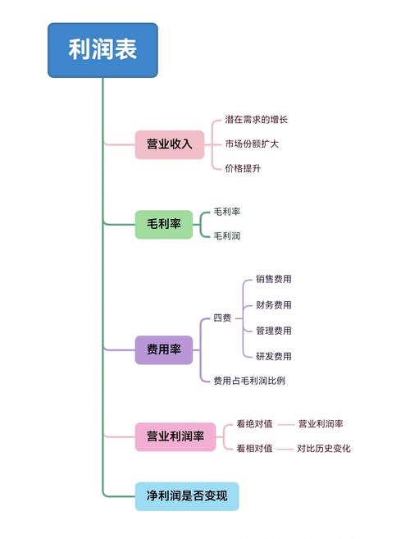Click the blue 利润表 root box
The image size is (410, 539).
tap(102, 50)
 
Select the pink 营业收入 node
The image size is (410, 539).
tap(169, 144)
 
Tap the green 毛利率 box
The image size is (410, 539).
tap(163, 224)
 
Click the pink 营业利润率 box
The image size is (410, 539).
tap(175, 436)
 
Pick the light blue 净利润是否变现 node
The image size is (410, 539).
tap(187, 496)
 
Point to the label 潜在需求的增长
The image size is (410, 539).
tap(256, 120)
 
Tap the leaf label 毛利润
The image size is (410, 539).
tap(227, 236)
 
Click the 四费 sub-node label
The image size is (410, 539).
tap(221, 318)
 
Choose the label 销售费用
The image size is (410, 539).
tap(273, 280)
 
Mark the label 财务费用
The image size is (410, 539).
tap(273, 305)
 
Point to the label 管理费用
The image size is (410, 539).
tap(273, 331)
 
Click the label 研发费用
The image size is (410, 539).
tap(273, 356)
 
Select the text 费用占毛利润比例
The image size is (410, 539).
tap(249, 381)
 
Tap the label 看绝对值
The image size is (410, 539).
tap(254, 424)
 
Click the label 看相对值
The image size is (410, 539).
tap(254, 449)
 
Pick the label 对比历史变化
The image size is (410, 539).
tap(323, 449)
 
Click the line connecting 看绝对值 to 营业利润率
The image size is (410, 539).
tap(286, 425)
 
